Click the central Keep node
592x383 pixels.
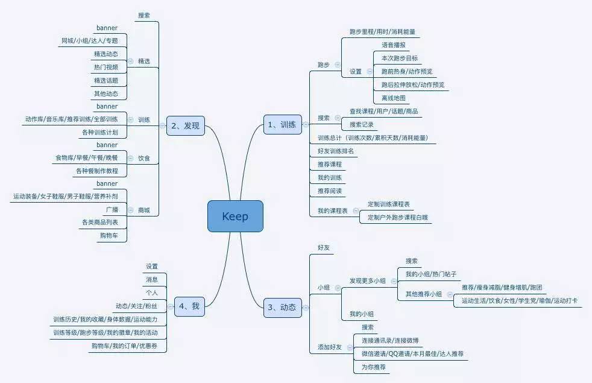click(235, 217)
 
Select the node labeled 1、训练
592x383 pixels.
click(282, 125)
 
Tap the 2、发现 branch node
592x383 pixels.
click(185, 126)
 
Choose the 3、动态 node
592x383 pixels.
click(282, 308)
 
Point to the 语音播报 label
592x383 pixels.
click(393, 45)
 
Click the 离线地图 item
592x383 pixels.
click(393, 98)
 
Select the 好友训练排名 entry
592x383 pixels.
click(336, 151)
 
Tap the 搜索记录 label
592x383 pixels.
click(362, 124)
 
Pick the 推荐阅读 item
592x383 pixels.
click(330, 191)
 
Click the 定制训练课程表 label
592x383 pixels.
click(389, 204)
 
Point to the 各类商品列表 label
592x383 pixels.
click(100, 223)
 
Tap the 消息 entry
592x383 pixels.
click(151, 279)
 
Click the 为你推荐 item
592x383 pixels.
click(374, 367)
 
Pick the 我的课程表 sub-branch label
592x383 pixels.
click(333, 211)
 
